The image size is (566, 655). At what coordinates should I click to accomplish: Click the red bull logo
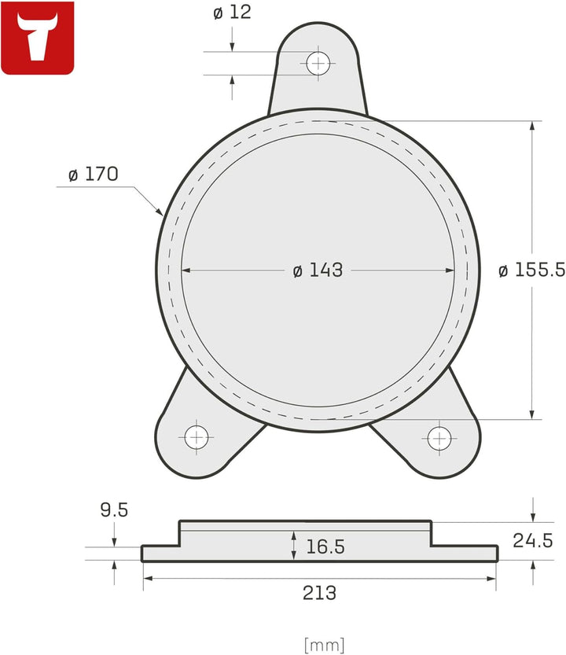click(x=37, y=38)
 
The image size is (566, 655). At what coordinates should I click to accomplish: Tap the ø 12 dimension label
click(x=232, y=14)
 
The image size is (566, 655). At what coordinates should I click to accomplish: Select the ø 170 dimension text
click(x=93, y=175)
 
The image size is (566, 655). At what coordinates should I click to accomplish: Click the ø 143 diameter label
click(x=318, y=270)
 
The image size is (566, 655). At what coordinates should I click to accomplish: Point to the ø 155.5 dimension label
click(x=531, y=270)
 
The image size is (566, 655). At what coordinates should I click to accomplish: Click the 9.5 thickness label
click(x=114, y=510)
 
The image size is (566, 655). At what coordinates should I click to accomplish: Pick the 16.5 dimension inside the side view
click(x=324, y=546)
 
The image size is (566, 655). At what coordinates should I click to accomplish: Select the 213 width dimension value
click(x=319, y=593)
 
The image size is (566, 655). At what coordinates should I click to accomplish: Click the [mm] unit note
click(x=324, y=645)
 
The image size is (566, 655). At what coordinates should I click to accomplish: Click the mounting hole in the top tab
click(x=318, y=62)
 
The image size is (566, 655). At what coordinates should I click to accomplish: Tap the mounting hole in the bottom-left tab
click(x=196, y=436)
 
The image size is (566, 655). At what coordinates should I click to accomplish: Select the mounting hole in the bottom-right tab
click(x=439, y=438)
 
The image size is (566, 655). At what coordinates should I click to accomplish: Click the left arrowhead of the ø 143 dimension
click(x=186, y=270)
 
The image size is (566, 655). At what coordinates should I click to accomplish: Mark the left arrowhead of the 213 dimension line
click(x=147, y=578)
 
